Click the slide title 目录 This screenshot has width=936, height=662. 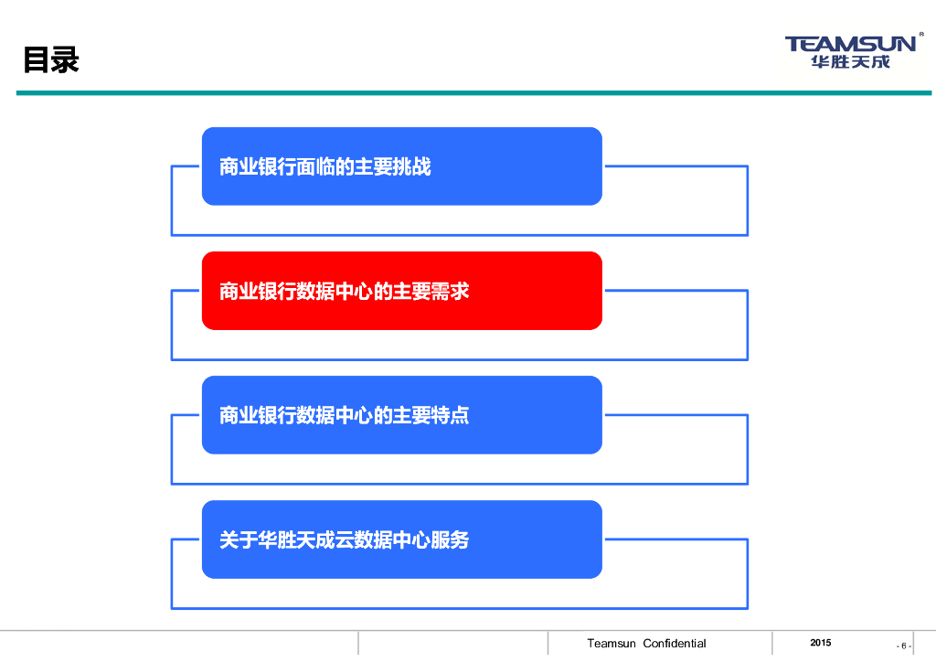[51, 60]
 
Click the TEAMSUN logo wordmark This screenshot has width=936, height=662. [849, 44]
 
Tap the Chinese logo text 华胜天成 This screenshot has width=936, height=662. [849, 62]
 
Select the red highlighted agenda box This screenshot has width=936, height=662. [401, 291]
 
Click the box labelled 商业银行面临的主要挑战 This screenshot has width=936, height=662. [401, 166]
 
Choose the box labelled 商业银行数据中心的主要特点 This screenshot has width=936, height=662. [401, 415]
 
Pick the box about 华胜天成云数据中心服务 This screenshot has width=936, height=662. [401, 539]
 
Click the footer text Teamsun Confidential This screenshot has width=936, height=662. [646, 644]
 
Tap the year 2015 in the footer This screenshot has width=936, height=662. [821, 643]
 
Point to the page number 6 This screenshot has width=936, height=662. [904, 646]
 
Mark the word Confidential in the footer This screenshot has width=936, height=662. [675, 644]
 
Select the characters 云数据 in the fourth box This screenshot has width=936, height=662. [353, 540]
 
